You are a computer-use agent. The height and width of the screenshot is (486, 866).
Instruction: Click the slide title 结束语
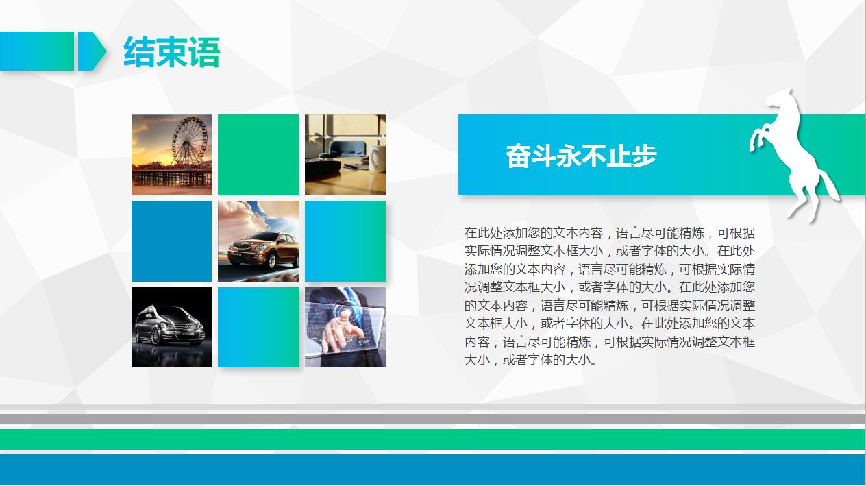[x=171, y=53]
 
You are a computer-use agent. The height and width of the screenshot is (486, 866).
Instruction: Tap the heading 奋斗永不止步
[x=581, y=156]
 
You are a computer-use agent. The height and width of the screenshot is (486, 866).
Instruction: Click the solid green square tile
[x=258, y=154]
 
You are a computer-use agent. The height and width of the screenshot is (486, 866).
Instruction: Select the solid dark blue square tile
[x=171, y=241]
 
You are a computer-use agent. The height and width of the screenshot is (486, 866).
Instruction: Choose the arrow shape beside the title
[x=91, y=51]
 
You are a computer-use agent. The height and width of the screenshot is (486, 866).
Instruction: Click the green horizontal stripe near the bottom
[x=433, y=439]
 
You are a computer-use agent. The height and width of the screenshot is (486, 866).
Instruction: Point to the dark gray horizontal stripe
[x=433, y=419]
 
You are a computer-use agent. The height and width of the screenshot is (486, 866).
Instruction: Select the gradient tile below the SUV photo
[x=258, y=328]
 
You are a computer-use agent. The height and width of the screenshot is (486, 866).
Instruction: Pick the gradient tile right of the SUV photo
[x=345, y=241]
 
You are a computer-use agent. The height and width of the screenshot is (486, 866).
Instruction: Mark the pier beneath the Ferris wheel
[x=171, y=179]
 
